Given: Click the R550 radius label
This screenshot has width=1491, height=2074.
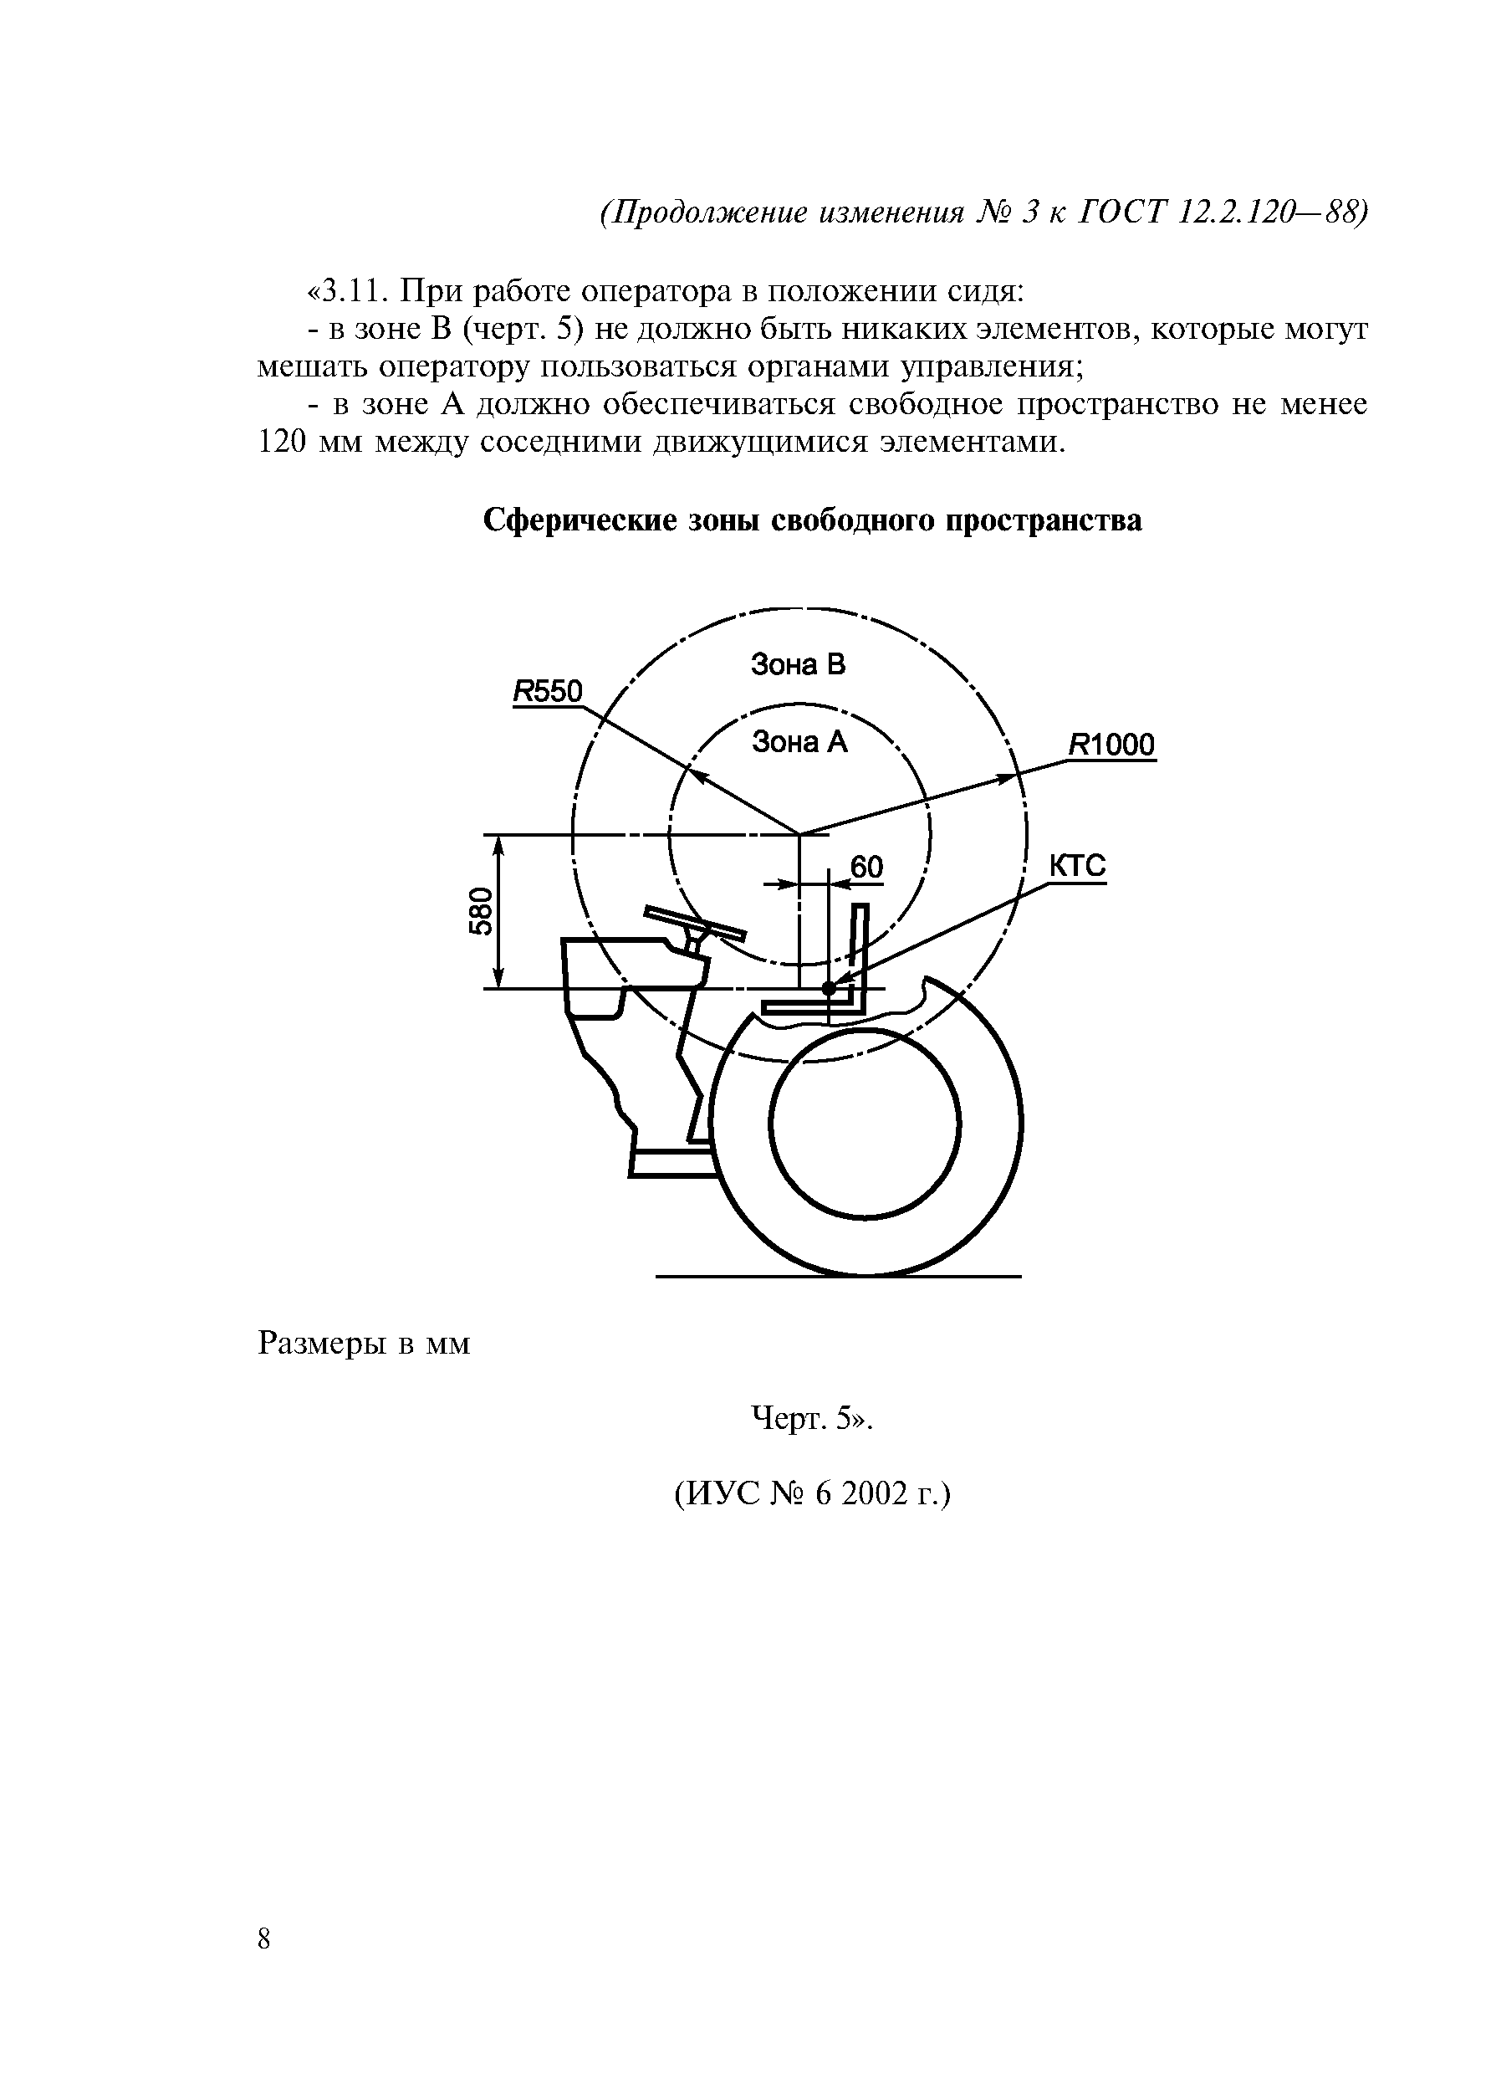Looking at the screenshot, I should pyautogui.click(x=547, y=692).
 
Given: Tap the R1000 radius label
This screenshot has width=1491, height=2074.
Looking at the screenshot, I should pyautogui.click(x=1111, y=745).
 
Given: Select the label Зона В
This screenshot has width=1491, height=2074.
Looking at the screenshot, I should pyautogui.click(x=798, y=665).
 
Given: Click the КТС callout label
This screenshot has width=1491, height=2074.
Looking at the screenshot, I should pyautogui.click(x=1077, y=865).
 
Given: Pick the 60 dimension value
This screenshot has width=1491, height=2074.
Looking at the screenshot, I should pyautogui.click(x=866, y=867).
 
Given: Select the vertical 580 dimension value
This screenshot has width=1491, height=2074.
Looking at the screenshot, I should pyautogui.click(x=481, y=911).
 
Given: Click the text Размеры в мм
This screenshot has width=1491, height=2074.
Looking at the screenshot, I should pyautogui.click(x=364, y=1344).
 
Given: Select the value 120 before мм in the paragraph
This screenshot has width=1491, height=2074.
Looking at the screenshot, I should pyautogui.click(x=283, y=443).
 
